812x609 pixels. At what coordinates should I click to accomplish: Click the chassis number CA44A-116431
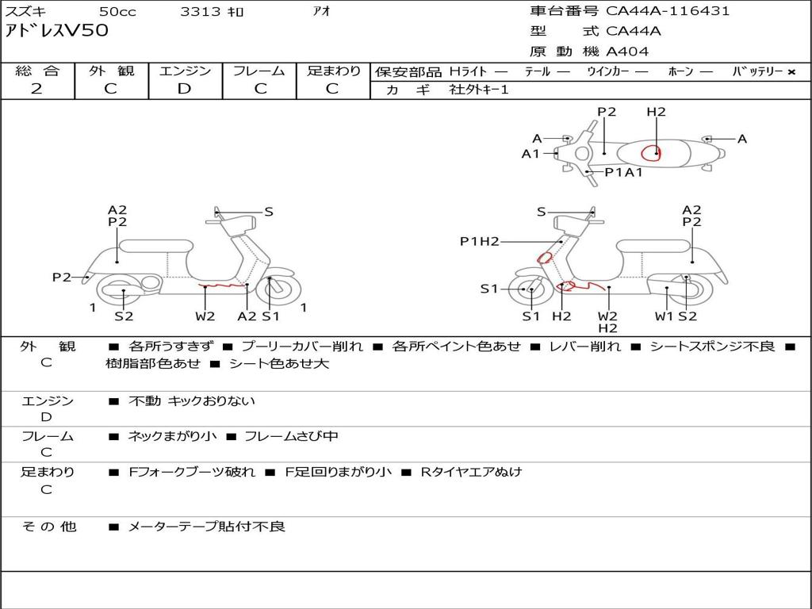click(668, 11)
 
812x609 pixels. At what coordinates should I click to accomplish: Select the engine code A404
click(627, 52)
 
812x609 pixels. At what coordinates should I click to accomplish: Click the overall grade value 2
click(36, 89)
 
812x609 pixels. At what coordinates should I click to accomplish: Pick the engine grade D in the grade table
click(184, 89)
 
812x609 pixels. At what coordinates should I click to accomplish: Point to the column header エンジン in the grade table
click(185, 71)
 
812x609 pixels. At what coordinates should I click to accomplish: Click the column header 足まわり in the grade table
click(333, 71)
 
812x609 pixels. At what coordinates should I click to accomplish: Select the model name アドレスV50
click(57, 31)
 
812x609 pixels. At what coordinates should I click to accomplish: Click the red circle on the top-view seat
click(651, 151)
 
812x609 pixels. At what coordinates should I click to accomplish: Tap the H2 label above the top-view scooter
click(656, 112)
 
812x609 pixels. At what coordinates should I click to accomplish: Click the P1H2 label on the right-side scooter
click(480, 241)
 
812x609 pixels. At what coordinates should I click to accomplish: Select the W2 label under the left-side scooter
click(205, 316)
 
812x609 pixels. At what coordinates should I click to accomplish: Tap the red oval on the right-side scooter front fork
click(545, 257)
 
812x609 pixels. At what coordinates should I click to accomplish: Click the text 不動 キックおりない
click(192, 401)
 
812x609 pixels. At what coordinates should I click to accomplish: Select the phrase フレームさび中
click(291, 436)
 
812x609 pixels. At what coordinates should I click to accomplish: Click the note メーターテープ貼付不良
click(206, 527)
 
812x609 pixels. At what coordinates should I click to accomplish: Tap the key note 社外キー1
click(479, 90)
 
